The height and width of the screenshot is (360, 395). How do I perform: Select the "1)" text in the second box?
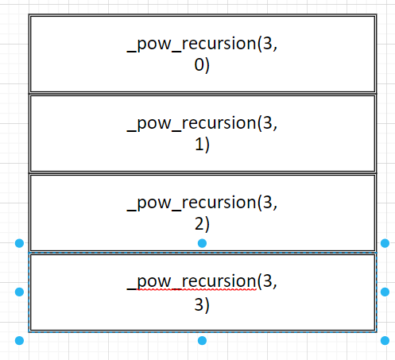click(x=202, y=145)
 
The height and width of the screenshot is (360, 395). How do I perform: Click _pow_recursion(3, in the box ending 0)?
click(x=202, y=45)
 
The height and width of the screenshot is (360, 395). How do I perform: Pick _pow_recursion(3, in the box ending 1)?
click(x=202, y=123)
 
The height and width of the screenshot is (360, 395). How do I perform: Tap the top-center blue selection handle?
click(x=202, y=242)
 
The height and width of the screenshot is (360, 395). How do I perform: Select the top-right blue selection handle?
click(x=385, y=242)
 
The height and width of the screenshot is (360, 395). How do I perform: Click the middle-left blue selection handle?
click(x=19, y=292)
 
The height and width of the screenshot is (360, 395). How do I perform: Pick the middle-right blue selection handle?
click(x=385, y=292)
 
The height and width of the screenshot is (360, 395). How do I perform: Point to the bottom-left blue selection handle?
click(x=19, y=341)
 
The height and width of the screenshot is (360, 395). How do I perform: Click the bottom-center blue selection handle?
click(x=202, y=341)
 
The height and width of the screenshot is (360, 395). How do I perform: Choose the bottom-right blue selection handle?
click(x=385, y=341)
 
